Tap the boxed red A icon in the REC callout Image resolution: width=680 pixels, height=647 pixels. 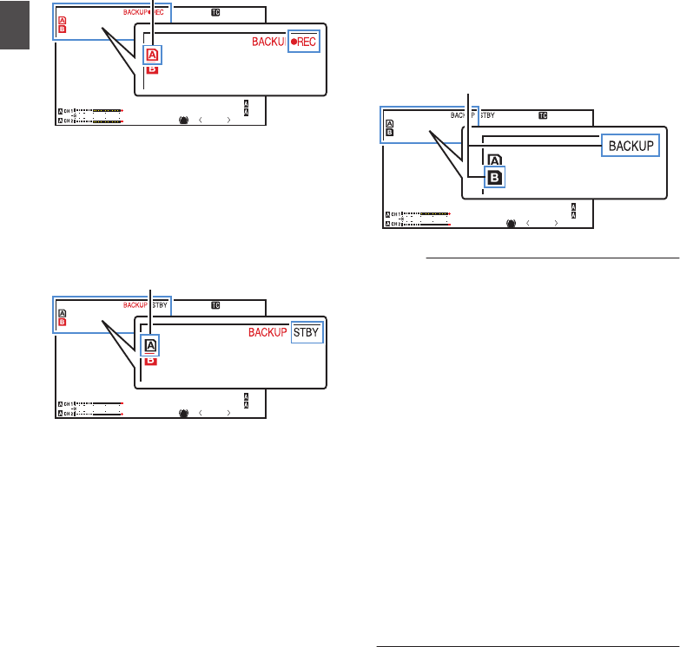point(152,56)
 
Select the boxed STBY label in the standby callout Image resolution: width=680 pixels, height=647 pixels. point(306,332)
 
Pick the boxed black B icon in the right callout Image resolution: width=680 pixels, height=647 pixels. point(494,177)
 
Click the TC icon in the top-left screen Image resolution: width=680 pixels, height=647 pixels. point(215,14)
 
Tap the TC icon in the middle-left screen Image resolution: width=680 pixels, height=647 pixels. point(215,305)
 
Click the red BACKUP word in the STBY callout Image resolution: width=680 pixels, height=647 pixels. point(267,332)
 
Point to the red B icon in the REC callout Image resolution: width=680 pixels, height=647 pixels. point(152,69)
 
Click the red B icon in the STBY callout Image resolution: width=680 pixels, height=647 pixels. point(152,359)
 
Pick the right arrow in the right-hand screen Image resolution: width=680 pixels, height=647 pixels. point(555,223)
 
